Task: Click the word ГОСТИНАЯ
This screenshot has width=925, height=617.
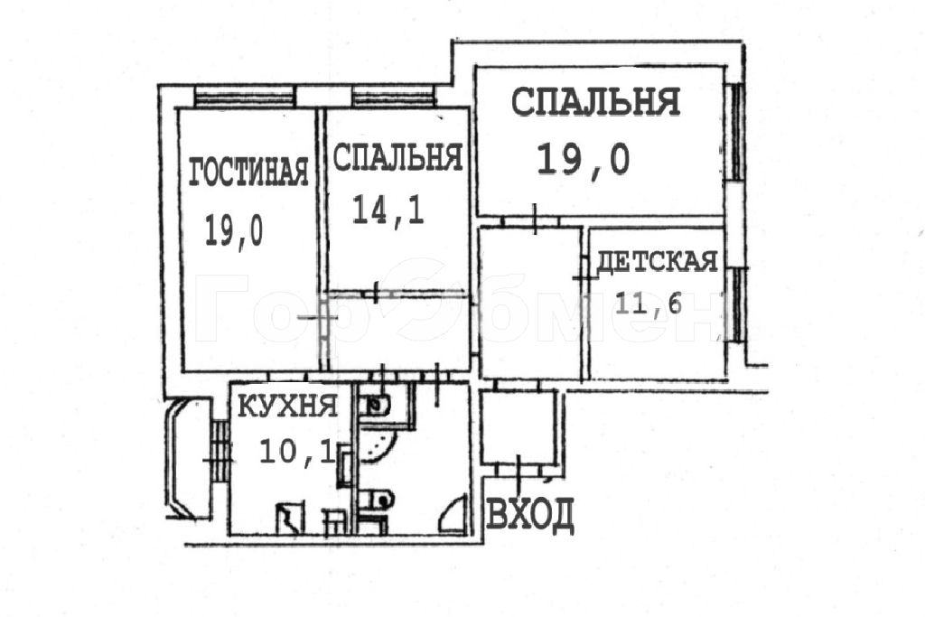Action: click(248, 172)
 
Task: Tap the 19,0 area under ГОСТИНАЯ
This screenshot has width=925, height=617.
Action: click(234, 230)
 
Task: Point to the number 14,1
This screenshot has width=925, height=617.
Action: click(388, 210)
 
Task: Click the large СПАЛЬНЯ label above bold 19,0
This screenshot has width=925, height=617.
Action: click(595, 101)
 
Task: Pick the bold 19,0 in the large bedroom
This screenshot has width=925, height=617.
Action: click(583, 159)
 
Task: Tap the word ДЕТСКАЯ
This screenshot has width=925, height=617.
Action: click(658, 261)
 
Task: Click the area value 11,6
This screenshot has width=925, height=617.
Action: click(649, 304)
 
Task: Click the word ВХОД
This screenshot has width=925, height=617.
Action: click(529, 514)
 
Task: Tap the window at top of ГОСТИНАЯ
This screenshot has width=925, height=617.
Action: click(244, 96)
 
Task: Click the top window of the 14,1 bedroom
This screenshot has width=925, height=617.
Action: click(394, 96)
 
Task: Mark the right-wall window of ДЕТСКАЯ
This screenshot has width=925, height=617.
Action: click(736, 305)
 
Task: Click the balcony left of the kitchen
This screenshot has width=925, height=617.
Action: click(188, 458)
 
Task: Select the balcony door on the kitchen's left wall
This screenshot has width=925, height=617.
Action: click(220, 452)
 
